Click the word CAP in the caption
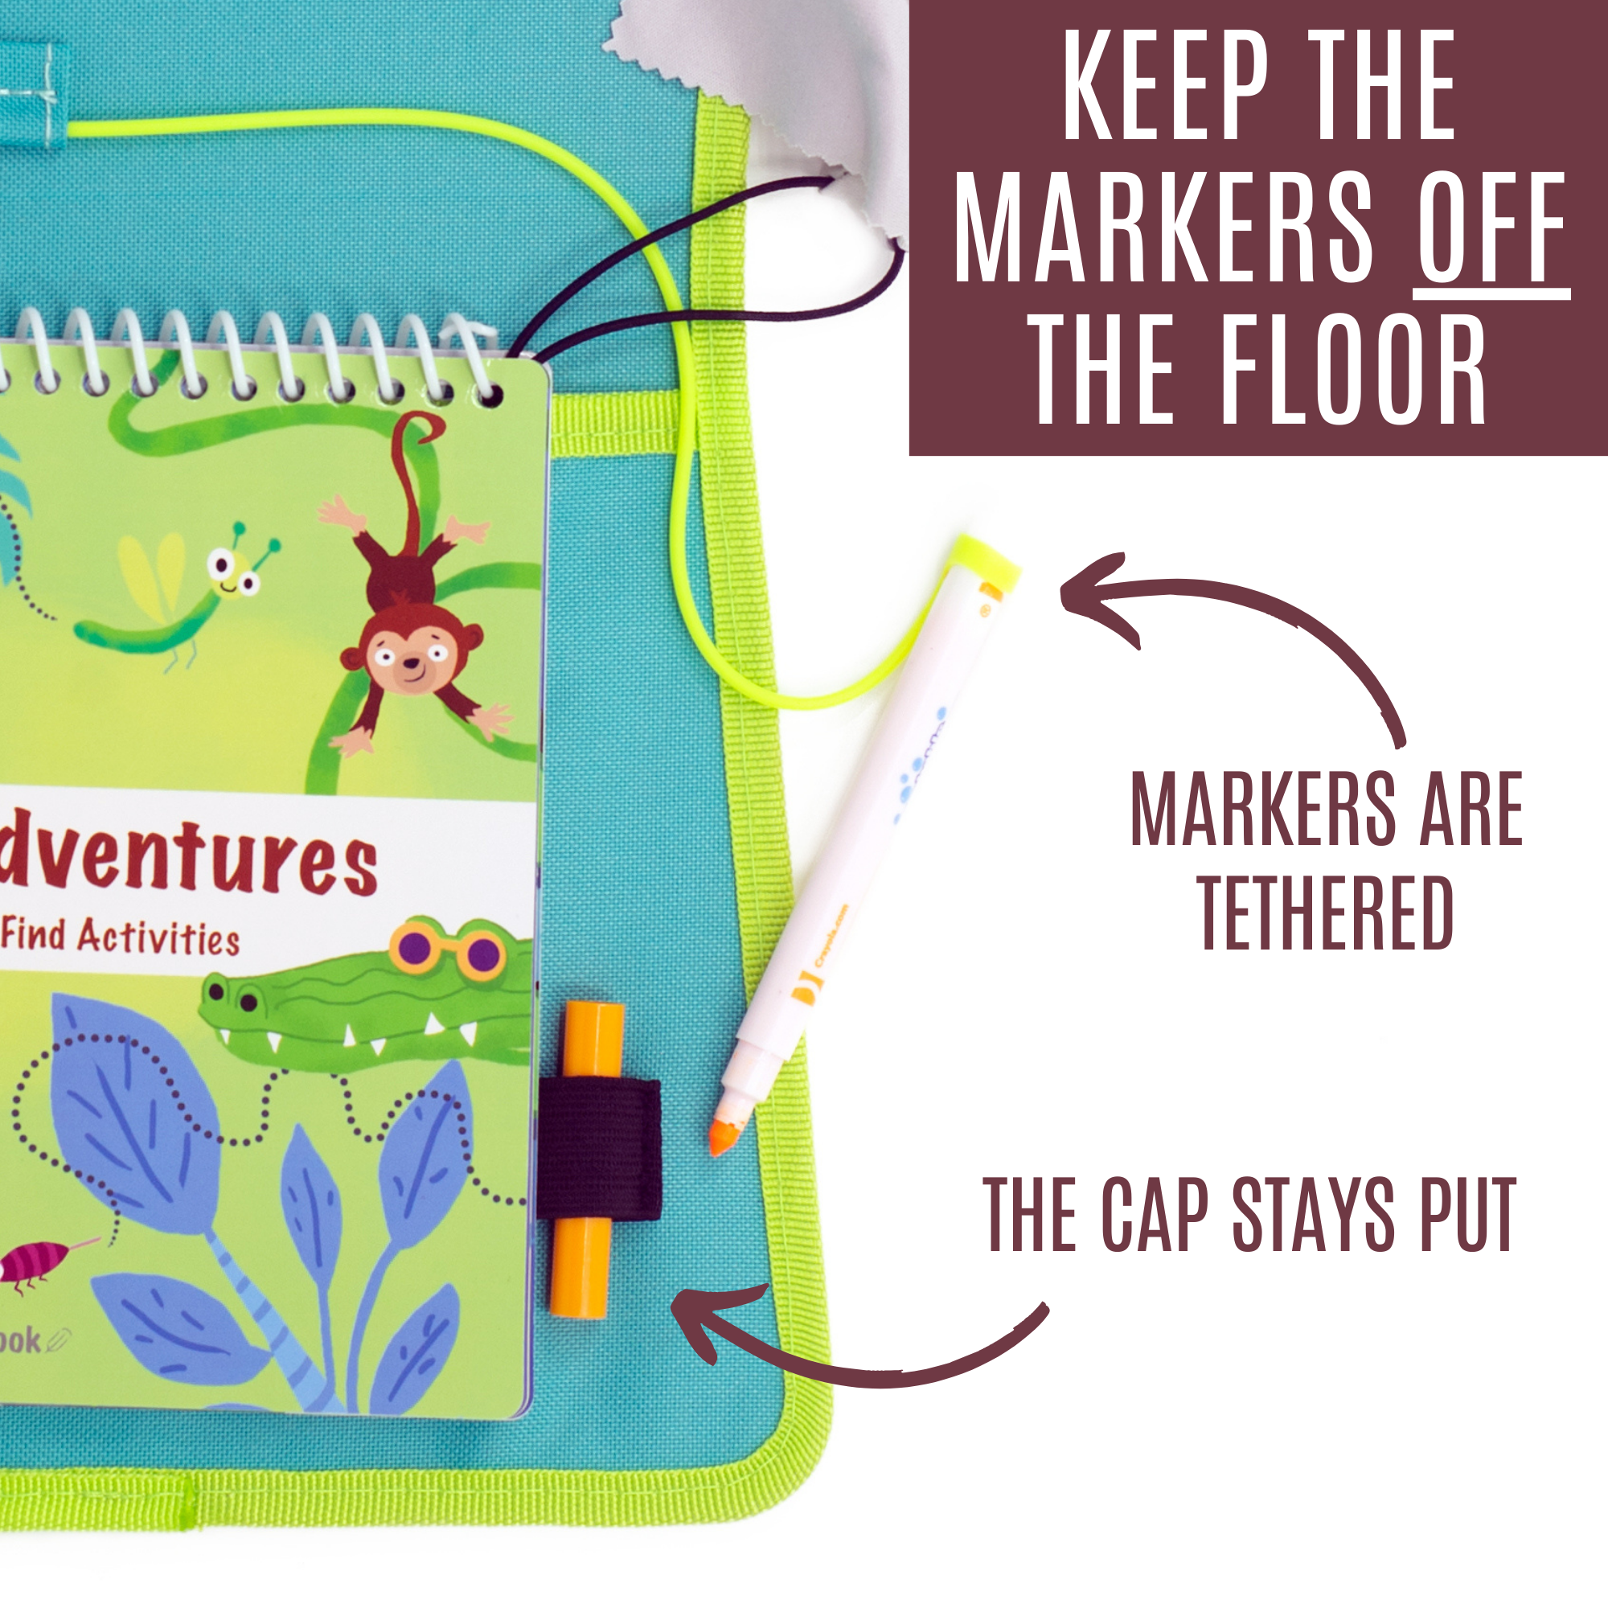click(x=1155, y=1215)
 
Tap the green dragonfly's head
click(x=233, y=572)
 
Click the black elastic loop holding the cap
click(x=598, y=1150)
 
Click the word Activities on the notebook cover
click(x=159, y=939)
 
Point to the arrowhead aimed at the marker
click(x=1090, y=595)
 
